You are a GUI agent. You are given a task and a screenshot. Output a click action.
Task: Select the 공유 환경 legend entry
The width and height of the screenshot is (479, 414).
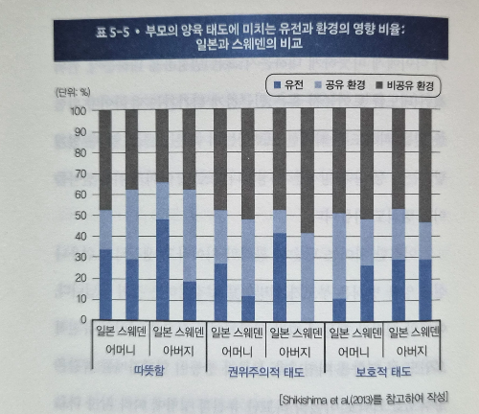point(340,85)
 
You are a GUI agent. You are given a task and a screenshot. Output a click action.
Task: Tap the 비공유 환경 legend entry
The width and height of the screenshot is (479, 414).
point(405,85)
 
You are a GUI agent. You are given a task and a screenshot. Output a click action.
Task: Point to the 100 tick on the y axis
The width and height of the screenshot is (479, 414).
point(79,111)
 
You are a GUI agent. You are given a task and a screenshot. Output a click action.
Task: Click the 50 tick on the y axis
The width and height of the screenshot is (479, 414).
point(80,216)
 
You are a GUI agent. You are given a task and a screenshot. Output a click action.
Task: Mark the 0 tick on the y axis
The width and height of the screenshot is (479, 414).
point(83,319)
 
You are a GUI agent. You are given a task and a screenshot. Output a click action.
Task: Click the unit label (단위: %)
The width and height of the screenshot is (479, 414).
point(73,93)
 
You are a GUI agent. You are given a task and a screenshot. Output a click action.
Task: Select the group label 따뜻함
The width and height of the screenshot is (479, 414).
point(149,370)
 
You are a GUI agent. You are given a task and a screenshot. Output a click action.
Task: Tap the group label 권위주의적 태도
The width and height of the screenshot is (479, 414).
point(265,372)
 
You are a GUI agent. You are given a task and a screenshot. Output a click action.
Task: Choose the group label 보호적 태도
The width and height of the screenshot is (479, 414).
point(383,372)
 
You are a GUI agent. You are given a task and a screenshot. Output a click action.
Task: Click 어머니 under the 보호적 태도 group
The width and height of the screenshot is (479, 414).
point(354,352)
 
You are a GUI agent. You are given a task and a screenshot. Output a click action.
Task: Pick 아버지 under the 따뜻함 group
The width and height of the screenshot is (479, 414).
point(178,351)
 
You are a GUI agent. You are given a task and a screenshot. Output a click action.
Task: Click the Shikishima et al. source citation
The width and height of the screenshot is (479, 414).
point(363,400)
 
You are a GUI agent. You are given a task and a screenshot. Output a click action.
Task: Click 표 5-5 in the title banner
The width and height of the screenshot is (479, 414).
point(112,33)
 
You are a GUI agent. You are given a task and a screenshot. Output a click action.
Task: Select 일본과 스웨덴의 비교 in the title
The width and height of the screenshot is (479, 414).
point(249,44)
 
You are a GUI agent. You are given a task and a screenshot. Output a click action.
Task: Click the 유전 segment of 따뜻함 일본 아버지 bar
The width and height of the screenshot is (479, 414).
point(163,270)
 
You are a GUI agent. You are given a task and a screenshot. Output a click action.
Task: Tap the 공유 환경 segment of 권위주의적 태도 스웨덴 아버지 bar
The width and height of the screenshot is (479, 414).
point(308,277)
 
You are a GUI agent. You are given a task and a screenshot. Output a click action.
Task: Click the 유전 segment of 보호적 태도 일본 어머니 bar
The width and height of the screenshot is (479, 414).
point(339,310)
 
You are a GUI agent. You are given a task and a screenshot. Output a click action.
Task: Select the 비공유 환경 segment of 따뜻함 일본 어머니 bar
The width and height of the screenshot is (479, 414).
point(105,160)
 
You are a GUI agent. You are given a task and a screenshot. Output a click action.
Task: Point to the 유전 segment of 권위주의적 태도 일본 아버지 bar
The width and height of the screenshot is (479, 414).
point(280,277)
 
